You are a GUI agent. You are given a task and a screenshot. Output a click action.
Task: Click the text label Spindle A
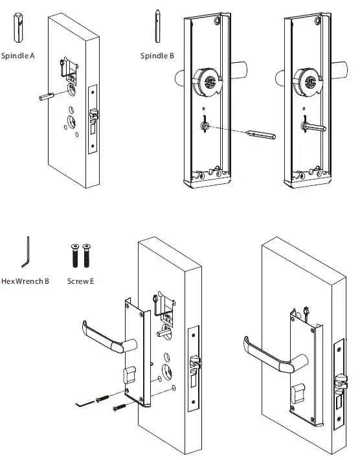pyautogui.click(x=18, y=56)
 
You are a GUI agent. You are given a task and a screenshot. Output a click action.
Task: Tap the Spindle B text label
pyautogui.click(x=157, y=56)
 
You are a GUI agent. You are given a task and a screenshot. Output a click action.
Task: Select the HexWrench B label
pyautogui.click(x=25, y=282)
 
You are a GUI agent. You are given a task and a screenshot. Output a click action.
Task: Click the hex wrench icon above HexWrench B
pyautogui.click(x=27, y=254)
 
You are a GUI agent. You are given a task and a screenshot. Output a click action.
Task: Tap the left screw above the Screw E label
pyautogui.click(x=73, y=257)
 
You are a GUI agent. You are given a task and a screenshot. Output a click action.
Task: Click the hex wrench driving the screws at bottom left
pyautogui.click(x=82, y=404)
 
